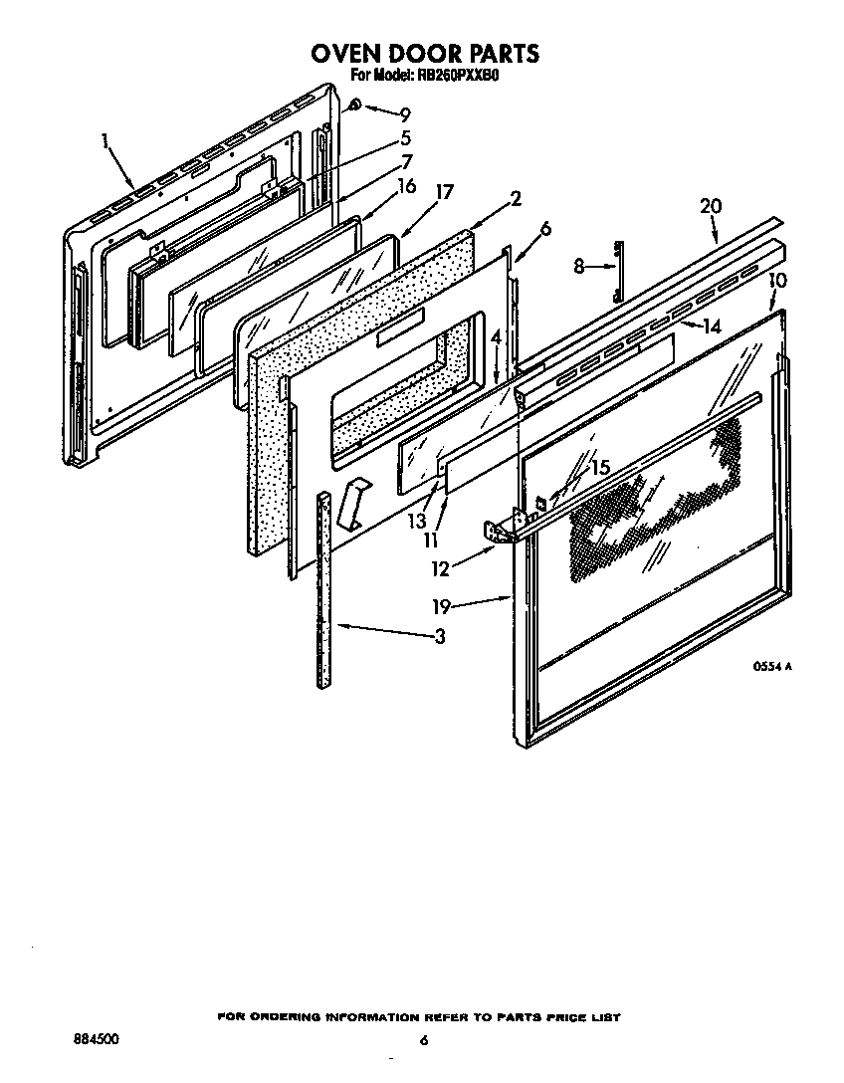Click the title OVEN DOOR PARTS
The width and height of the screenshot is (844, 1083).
(x=425, y=53)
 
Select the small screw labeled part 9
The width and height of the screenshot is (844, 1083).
(x=355, y=106)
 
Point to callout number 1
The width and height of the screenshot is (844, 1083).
(x=105, y=140)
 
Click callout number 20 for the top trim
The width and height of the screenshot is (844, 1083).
(x=710, y=206)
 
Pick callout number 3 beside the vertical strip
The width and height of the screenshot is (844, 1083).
(x=440, y=637)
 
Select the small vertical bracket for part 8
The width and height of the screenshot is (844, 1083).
(x=618, y=270)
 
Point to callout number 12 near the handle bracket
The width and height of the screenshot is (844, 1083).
(x=440, y=568)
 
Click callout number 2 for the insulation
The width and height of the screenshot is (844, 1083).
(x=515, y=198)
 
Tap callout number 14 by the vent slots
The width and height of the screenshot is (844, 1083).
(x=710, y=325)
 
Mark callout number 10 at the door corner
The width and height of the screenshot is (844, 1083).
(x=777, y=281)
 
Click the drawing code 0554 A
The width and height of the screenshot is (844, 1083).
(x=771, y=668)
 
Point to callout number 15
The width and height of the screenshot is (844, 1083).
(x=599, y=467)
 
